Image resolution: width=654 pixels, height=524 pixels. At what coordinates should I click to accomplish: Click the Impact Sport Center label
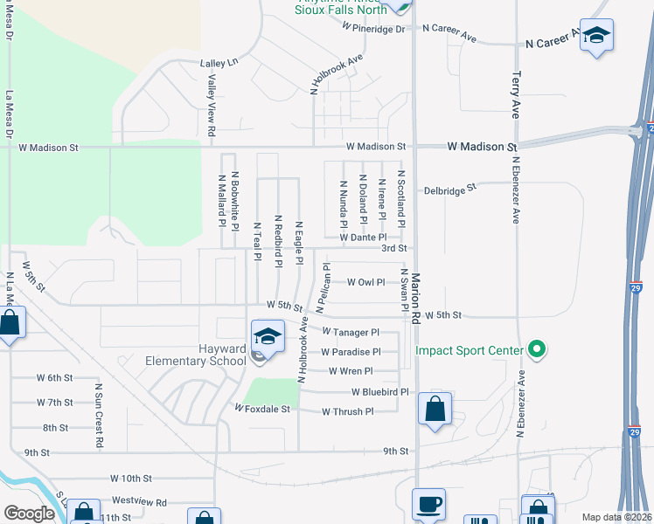point(468,351)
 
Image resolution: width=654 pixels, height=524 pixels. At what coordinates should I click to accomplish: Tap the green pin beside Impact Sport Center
point(538,351)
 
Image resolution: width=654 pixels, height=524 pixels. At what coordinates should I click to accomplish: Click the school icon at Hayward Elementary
point(268,336)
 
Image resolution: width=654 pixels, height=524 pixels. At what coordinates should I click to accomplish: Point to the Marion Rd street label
point(416,296)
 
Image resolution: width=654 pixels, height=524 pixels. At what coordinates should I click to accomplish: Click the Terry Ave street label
point(516,94)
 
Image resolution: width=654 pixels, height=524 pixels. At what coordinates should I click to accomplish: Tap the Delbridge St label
point(449,188)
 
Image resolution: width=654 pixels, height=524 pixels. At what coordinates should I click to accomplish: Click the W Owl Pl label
point(365,282)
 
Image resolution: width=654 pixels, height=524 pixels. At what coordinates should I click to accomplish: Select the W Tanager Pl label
point(350,333)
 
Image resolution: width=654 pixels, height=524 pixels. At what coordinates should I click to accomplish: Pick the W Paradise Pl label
point(351,352)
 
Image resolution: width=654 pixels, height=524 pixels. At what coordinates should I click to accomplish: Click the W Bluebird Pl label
point(380,393)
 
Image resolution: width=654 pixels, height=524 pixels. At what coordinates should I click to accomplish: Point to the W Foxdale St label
point(261,408)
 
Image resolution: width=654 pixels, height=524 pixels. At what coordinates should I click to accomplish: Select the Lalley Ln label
point(219,64)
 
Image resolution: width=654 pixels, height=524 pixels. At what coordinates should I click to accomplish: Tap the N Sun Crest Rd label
point(99,415)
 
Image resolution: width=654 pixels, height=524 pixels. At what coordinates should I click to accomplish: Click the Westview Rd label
point(139,502)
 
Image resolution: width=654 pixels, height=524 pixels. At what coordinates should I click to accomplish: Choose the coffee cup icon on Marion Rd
point(428,504)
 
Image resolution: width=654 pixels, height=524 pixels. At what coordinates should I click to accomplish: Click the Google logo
point(29,514)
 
